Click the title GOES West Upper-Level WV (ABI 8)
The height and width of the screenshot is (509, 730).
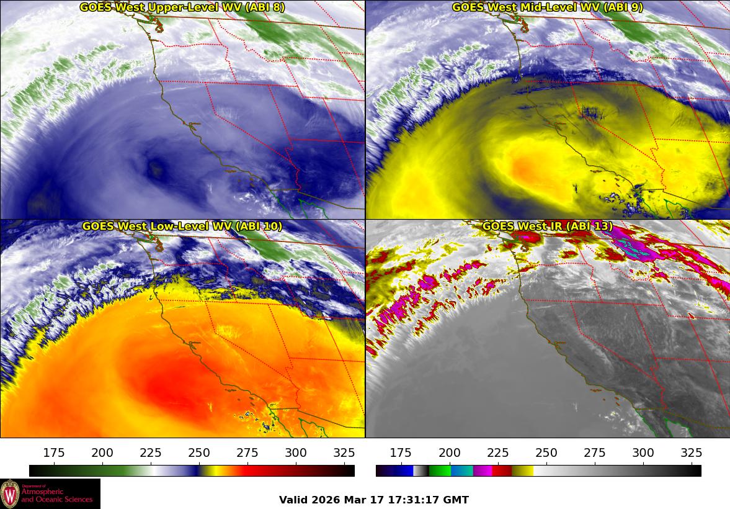(182, 7)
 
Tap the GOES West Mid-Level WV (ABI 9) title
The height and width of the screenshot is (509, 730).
(547, 7)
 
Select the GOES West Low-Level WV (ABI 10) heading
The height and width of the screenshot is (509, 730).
(182, 227)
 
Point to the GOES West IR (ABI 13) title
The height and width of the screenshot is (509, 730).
(547, 227)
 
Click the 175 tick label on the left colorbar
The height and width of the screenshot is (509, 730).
(54, 453)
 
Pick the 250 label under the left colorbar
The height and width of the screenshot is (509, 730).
(199, 453)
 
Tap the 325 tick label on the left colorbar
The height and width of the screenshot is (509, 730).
(344, 453)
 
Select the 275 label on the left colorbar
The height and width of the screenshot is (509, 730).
(247, 453)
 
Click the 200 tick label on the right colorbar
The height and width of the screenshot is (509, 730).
(450, 453)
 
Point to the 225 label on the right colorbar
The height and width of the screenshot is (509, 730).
(498, 453)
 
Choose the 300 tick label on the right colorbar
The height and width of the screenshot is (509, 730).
(643, 453)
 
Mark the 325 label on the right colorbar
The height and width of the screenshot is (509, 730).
(692, 453)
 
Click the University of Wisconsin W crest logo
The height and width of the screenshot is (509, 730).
(10, 494)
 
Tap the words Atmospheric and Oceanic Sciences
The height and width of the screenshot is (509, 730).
(56, 495)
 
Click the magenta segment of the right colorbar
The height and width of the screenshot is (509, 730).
(483, 471)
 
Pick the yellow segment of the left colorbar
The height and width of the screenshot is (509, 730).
(209, 471)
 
